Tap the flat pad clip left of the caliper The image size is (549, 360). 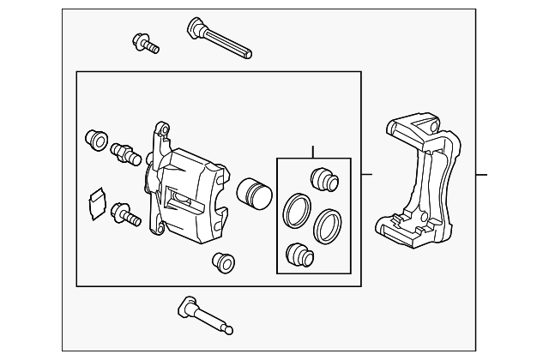[96, 202]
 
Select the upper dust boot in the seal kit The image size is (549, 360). [323, 179]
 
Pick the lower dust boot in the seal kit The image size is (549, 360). [299, 254]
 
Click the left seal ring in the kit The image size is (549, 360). [297, 210]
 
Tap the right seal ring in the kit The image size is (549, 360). [327, 225]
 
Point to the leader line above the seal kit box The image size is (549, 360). [313, 152]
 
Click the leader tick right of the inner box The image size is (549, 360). [367, 175]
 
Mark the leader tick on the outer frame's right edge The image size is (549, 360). [480, 175]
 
